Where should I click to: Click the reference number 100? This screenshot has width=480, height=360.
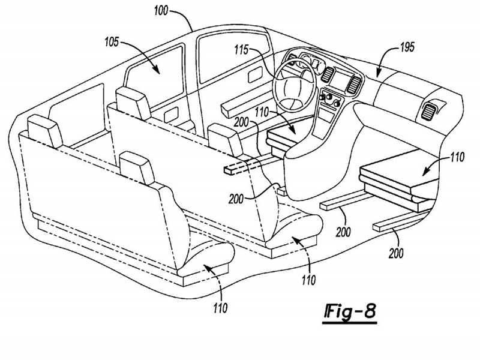click(161, 11)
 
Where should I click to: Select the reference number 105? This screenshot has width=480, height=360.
click(112, 42)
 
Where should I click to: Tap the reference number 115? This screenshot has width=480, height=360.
click(242, 50)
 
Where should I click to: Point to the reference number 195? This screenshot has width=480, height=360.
click(407, 47)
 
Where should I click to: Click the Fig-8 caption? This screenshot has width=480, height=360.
click(350, 312)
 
